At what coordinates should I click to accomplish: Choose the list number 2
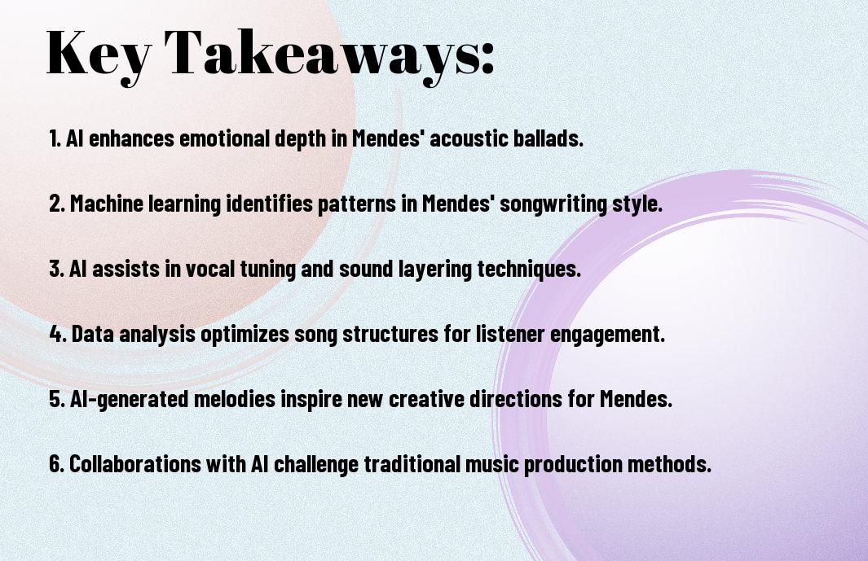[x=57, y=204]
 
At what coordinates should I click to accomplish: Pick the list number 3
[x=56, y=269]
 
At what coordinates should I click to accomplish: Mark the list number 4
[x=58, y=334]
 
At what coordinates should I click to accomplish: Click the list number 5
[x=57, y=400]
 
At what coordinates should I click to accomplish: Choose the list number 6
[x=56, y=465]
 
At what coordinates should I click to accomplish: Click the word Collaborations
[x=135, y=465]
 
